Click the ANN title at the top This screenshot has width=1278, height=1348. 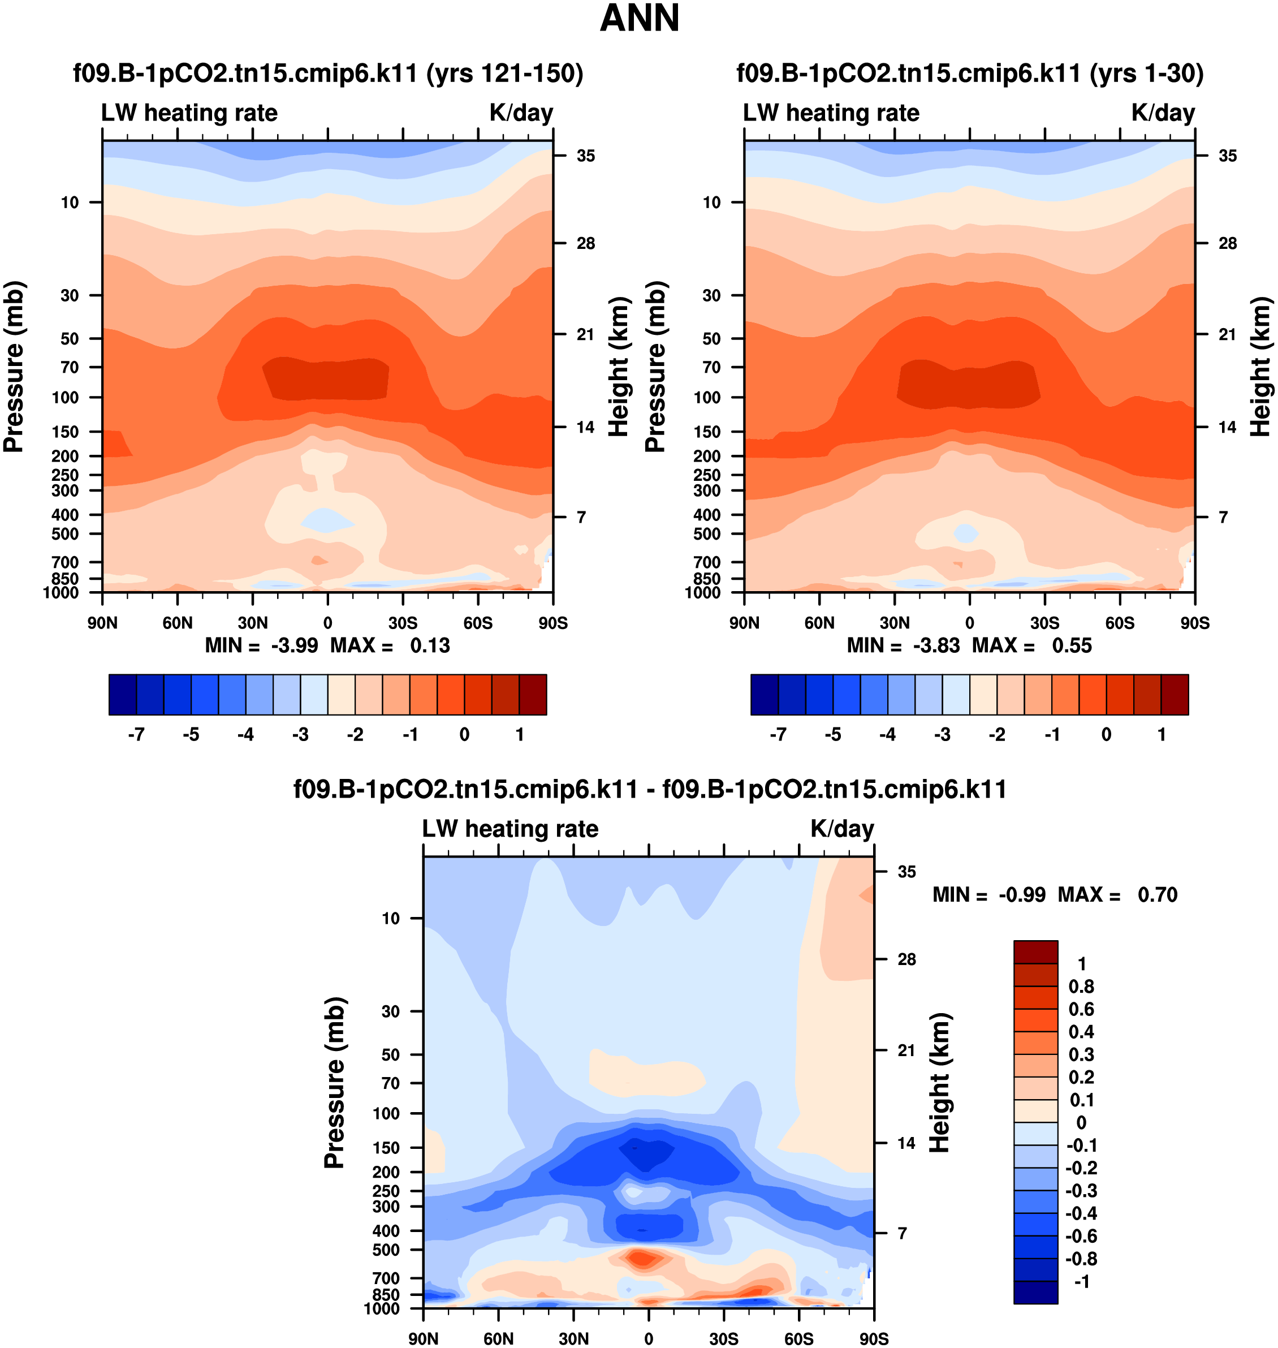(639, 19)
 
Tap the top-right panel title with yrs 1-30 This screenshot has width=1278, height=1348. (969, 73)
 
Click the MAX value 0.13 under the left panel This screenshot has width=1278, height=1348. (430, 645)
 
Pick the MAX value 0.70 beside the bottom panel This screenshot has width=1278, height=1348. (1157, 895)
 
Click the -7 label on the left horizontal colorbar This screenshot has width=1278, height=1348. (136, 735)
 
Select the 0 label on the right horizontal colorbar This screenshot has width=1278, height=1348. (1106, 735)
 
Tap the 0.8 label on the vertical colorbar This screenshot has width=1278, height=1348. (1081, 987)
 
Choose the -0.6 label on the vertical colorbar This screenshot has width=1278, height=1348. (1081, 1236)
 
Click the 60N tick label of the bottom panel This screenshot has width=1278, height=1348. (499, 1338)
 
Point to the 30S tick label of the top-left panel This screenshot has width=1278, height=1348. (403, 623)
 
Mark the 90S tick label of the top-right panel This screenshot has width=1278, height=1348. (1195, 623)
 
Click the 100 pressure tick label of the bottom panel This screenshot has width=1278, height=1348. (386, 1114)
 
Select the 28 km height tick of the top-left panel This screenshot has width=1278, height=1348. (585, 243)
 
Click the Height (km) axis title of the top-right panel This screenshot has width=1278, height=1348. (1261, 367)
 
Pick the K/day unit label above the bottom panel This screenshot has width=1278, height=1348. (842, 829)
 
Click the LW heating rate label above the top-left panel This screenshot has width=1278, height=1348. (189, 113)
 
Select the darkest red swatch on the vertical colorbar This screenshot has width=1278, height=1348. (1035, 951)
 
